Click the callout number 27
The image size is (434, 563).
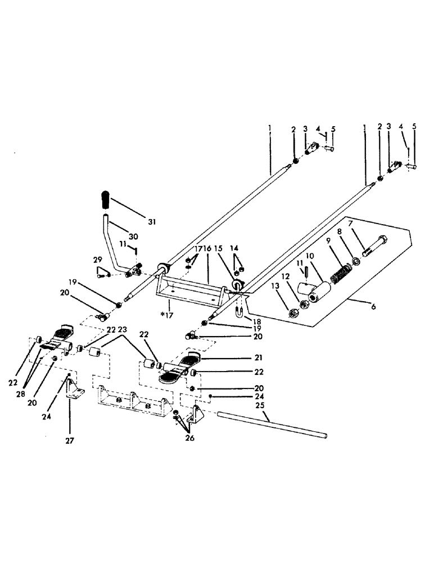pyautogui.click(x=70, y=441)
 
